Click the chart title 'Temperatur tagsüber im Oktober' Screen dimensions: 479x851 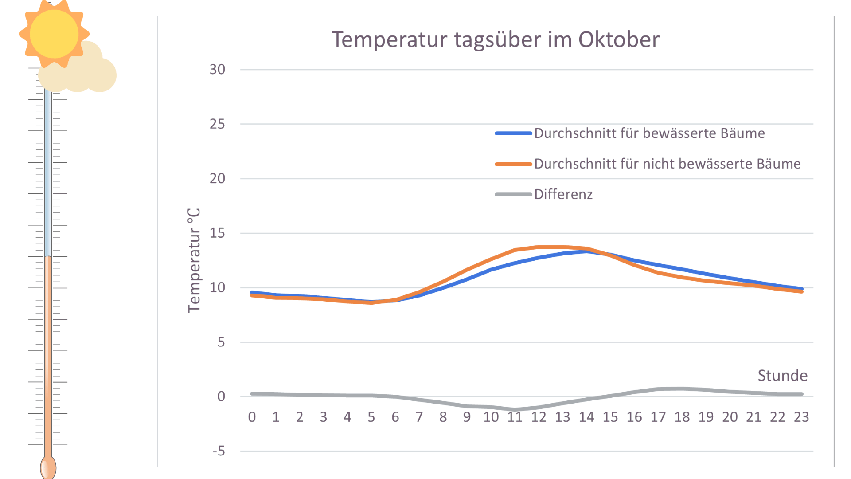click(x=495, y=39)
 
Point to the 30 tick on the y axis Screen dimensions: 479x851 click(x=217, y=69)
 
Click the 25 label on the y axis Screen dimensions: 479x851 click(x=217, y=124)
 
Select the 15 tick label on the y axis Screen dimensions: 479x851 click(x=217, y=233)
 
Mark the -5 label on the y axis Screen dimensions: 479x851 click(x=219, y=451)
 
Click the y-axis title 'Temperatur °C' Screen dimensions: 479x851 click(x=194, y=260)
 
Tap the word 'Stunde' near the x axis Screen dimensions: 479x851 click(x=782, y=376)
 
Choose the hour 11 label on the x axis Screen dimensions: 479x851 click(x=515, y=417)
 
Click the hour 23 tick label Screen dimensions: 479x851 click(x=801, y=417)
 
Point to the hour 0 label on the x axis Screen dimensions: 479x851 click(x=252, y=417)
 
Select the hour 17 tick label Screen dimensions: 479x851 click(x=658, y=417)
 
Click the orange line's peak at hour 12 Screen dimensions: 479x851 click(x=539, y=247)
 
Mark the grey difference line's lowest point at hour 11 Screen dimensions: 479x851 click(x=515, y=410)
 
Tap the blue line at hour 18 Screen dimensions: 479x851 click(x=682, y=269)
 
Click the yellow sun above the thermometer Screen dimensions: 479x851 click(x=54, y=34)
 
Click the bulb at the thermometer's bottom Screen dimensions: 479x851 click(x=48, y=467)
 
